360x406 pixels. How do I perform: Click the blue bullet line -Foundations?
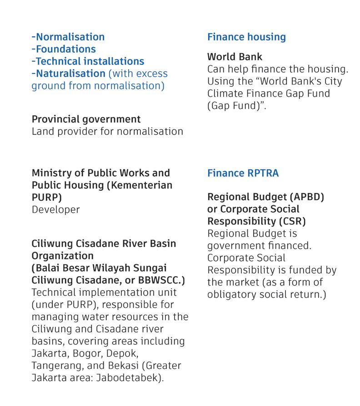pyautogui.click(x=64, y=49)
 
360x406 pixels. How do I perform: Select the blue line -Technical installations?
pyautogui.click(x=88, y=61)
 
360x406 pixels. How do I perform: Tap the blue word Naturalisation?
pyautogui.click(x=70, y=74)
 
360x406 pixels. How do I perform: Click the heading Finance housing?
pyautogui.click(x=246, y=37)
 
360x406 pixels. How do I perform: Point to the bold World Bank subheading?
pyautogui.click(x=235, y=57)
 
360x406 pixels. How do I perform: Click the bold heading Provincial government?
pyautogui.click(x=86, y=119)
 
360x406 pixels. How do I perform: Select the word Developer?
pyautogui.click(x=55, y=210)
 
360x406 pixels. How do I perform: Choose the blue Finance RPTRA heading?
pyautogui.click(x=243, y=173)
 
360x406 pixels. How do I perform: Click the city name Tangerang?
pyautogui.click(x=56, y=366)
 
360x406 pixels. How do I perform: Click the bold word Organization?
pyautogui.click(x=62, y=256)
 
